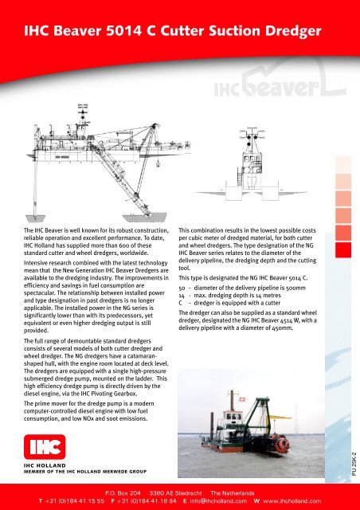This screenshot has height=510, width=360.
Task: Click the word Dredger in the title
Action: click(x=288, y=32)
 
